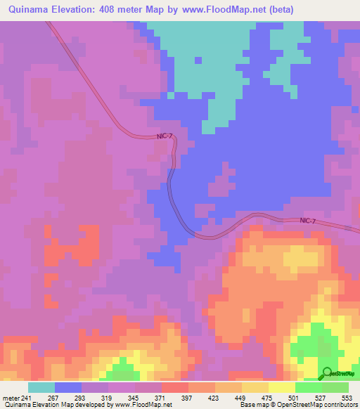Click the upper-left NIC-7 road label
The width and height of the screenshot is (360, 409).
click(x=164, y=137)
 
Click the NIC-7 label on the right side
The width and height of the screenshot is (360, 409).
click(x=308, y=221)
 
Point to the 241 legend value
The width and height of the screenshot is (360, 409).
click(x=27, y=398)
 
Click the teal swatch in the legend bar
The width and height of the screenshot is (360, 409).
click(x=41, y=387)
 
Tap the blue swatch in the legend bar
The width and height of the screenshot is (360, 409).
click(x=67, y=387)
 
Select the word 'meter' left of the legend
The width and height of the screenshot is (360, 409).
click(x=11, y=398)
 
